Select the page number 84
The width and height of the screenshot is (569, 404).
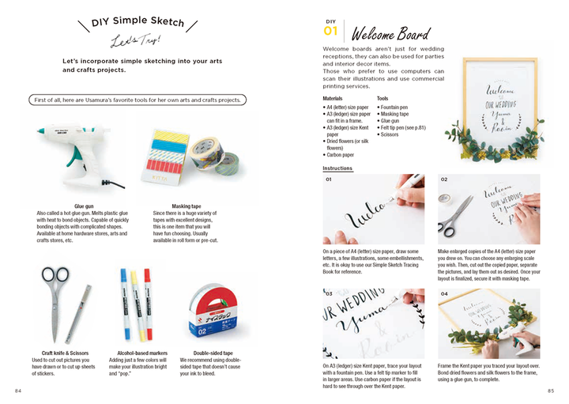(18, 391)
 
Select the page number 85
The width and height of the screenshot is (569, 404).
(551, 391)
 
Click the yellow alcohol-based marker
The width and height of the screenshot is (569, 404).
(134, 293)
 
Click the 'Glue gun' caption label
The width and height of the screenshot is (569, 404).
(84, 206)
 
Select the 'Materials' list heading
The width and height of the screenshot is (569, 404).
(333, 98)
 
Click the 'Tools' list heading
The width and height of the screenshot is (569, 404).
(382, 98)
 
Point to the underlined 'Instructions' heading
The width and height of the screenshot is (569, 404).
(337, 168)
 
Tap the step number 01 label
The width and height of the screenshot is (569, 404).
(329, 179)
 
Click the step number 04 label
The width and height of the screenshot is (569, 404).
(444, 294)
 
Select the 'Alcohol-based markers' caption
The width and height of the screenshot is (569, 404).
(139, 353)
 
